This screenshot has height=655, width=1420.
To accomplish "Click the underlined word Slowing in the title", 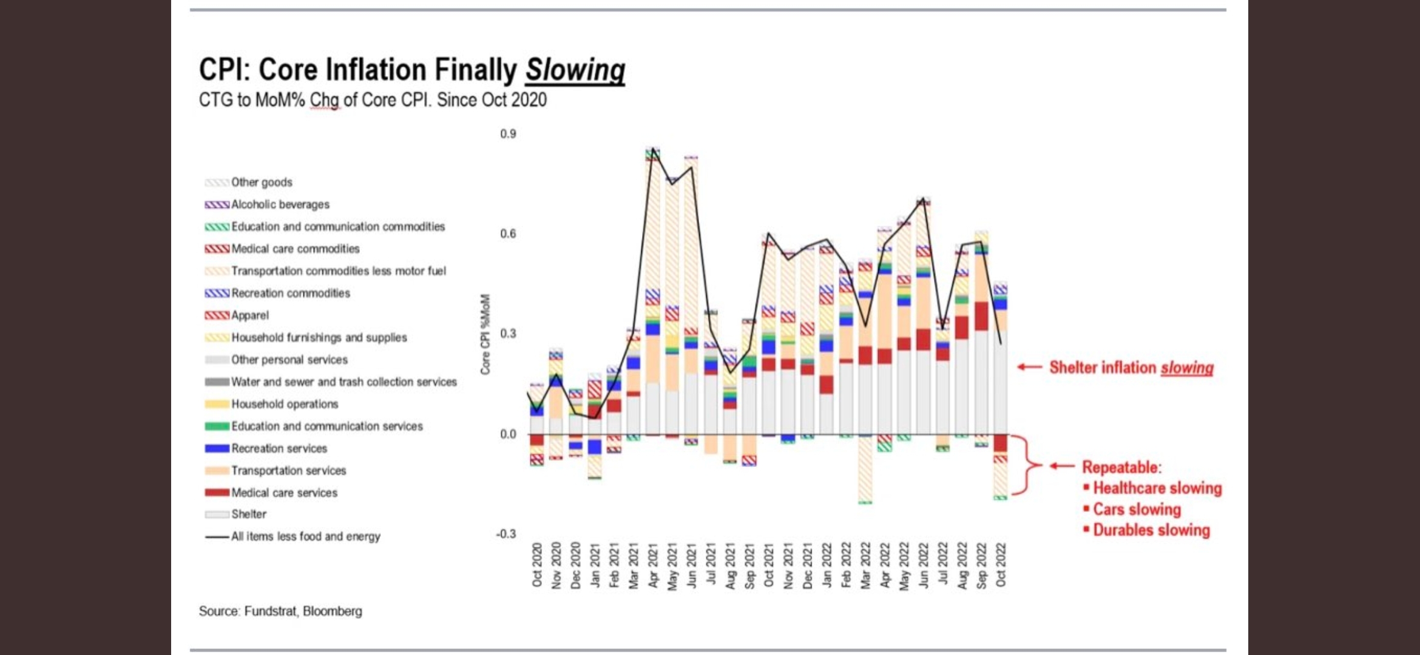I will point(575,70).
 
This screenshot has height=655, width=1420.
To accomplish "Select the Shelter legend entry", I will point(248,514).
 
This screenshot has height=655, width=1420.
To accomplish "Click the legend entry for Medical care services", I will point(283,492).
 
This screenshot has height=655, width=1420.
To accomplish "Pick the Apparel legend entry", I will point(249,315).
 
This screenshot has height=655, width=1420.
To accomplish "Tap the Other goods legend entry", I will point(261,182).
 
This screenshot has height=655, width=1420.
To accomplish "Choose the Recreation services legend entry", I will point(279,448).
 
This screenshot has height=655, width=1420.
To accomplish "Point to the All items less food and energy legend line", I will point(305,537).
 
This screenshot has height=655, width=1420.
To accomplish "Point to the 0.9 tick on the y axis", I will point(508,133).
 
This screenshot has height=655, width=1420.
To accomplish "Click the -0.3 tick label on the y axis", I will point(506,534).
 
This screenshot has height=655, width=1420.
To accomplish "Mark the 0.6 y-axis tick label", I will point(508,233).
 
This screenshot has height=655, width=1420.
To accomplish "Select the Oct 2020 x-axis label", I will point(537,565).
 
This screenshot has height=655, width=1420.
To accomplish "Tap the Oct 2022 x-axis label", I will point(1001,565).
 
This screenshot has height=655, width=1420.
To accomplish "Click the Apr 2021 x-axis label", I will point(653,565).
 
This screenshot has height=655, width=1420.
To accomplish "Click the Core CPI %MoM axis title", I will point(485,334).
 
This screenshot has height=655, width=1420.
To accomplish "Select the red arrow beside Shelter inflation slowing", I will point(1029,367).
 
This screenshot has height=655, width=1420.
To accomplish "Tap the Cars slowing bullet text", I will point(1137,509).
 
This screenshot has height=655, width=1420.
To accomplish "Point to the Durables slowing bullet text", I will point(1151,530).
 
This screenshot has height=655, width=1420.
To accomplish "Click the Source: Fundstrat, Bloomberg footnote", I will point(280,611).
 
